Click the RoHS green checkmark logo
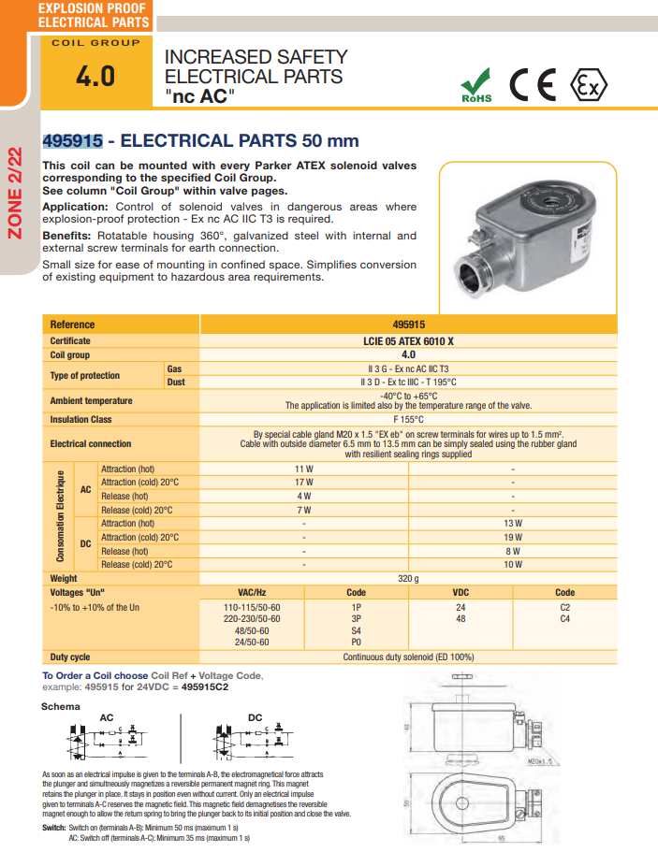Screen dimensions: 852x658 475,84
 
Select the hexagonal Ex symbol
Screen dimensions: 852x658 588,84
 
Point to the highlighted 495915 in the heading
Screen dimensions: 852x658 72,141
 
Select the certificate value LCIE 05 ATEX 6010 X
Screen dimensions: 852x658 409,341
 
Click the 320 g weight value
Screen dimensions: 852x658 409,579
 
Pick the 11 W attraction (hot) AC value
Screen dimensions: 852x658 304,469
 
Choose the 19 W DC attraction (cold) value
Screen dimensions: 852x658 513,538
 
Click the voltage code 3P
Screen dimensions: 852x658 356,619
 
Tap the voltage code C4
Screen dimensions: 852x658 565,619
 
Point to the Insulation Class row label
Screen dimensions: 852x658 80,420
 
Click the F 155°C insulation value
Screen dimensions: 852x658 409,420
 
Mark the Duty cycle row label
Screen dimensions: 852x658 70,657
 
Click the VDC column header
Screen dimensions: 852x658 461,592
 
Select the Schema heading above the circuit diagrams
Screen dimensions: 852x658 61,707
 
